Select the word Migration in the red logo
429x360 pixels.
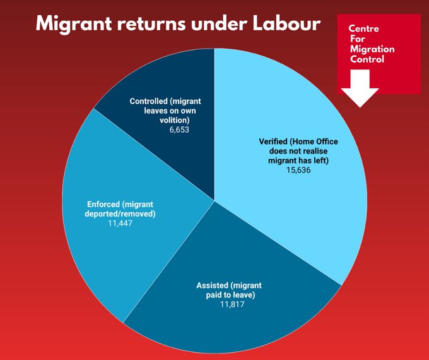(373, 49)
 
